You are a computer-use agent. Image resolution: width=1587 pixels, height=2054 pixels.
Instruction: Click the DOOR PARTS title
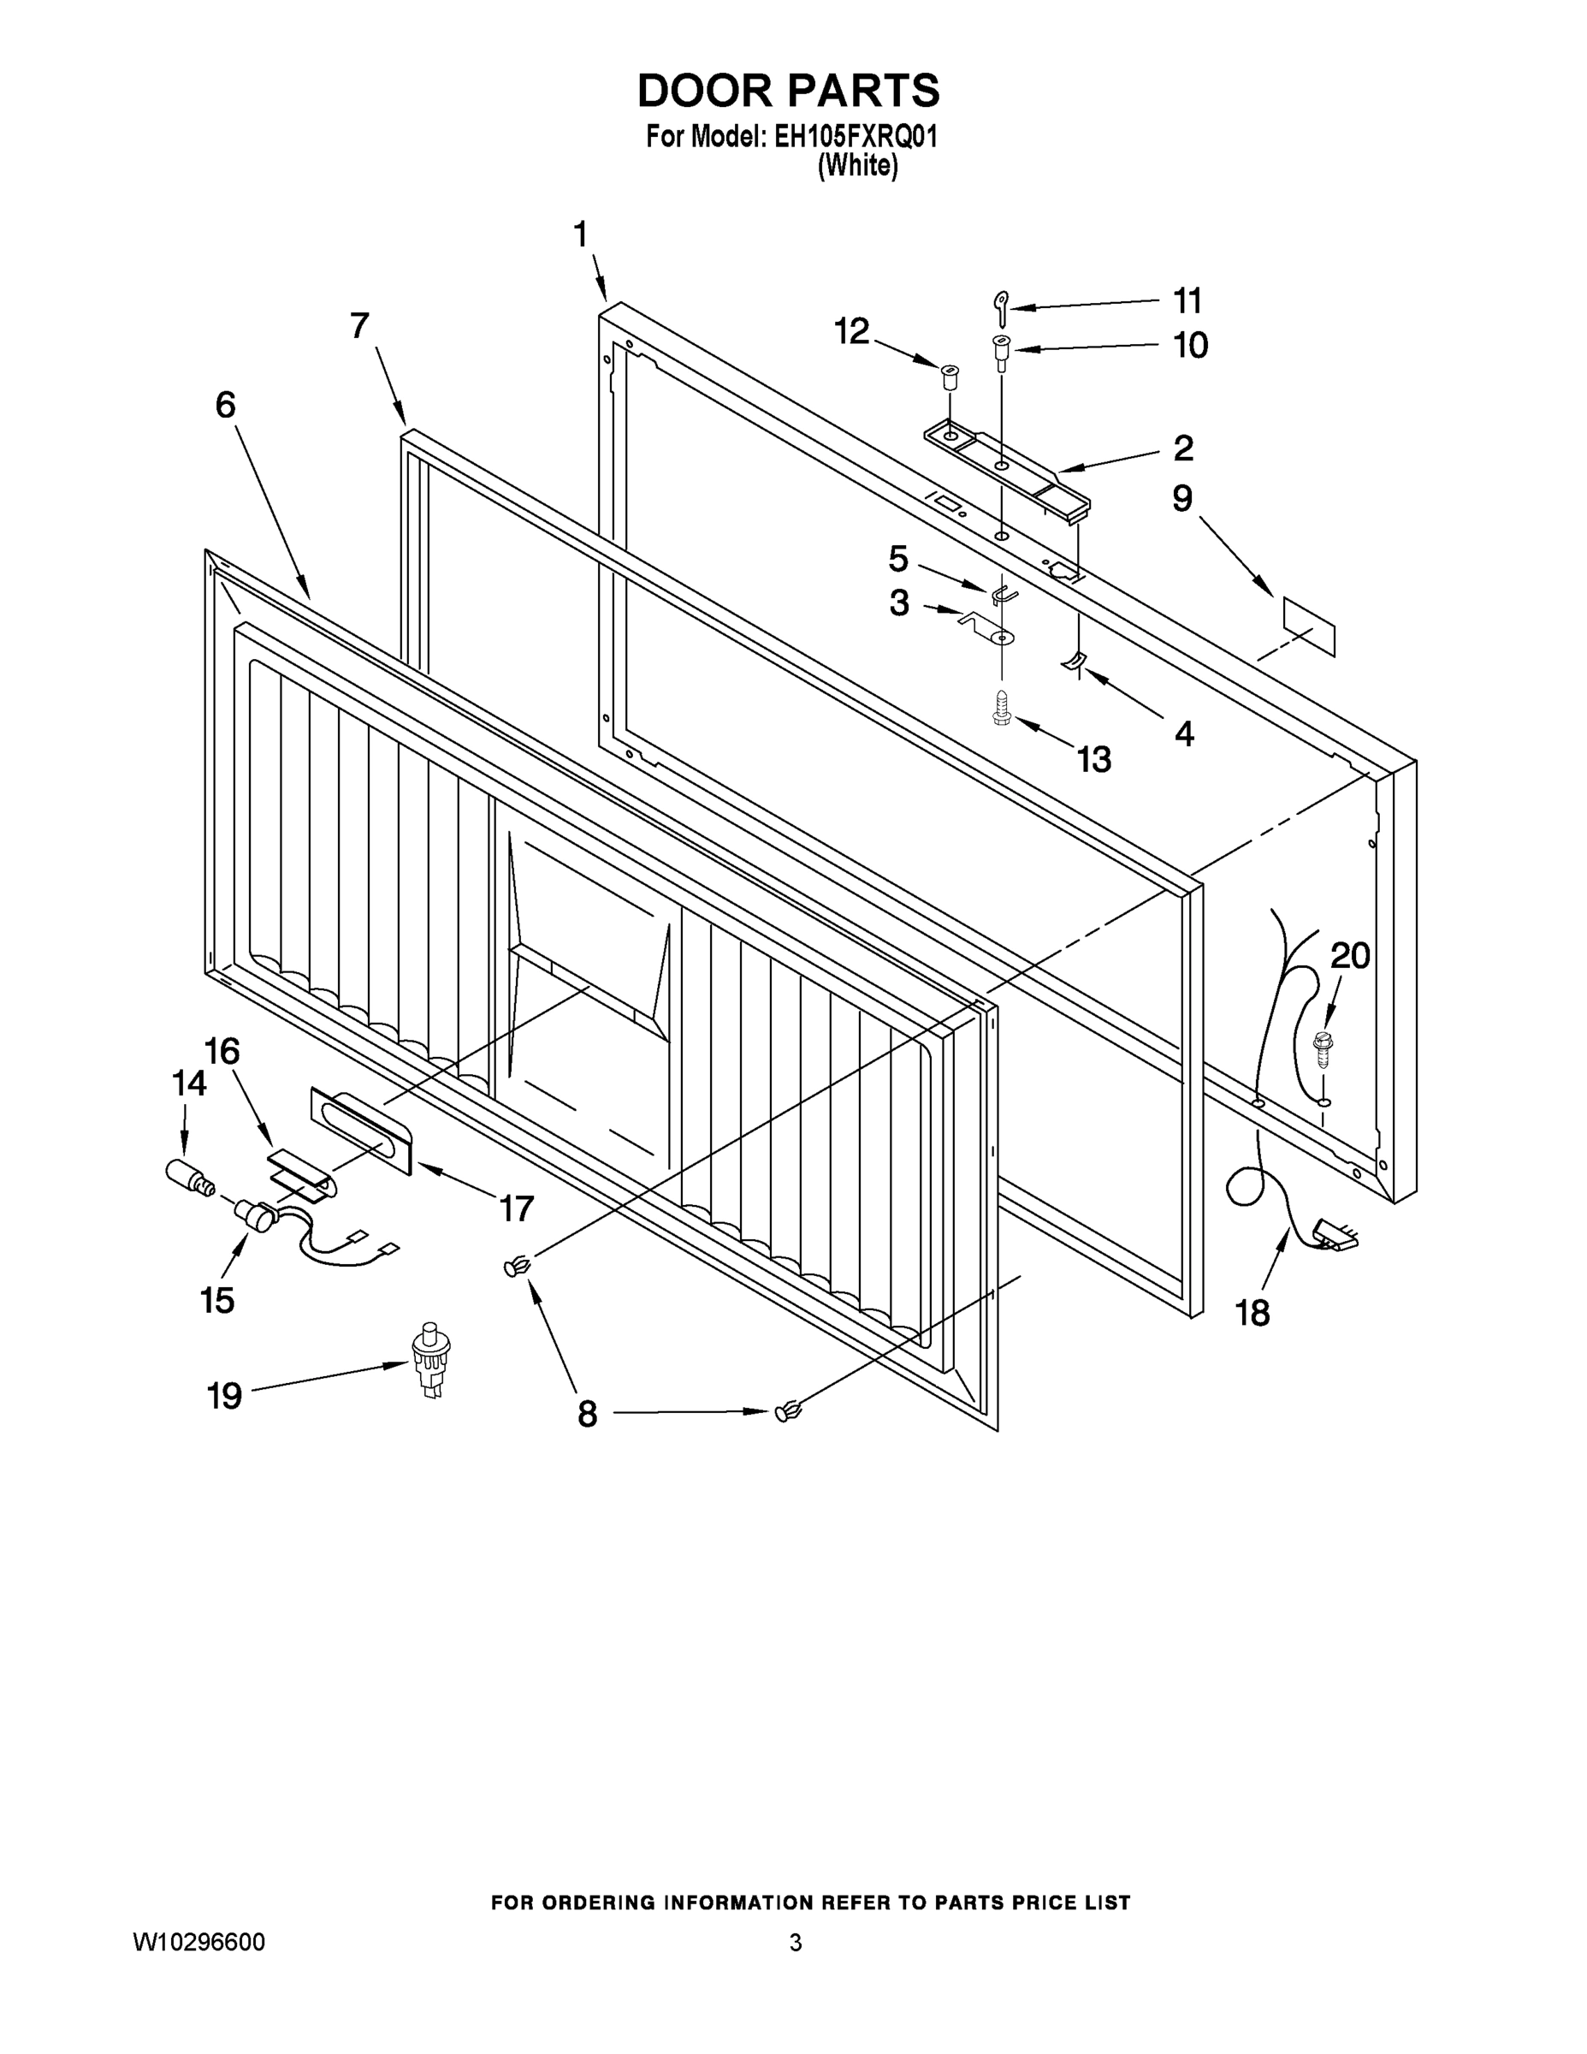788,92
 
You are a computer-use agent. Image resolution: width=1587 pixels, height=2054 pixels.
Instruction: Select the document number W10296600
198,1942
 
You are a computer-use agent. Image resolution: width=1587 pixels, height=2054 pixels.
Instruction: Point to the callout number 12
852,332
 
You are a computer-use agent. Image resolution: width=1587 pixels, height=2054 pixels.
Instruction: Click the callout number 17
516,1208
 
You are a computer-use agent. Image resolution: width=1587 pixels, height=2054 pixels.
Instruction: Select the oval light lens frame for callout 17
360,1131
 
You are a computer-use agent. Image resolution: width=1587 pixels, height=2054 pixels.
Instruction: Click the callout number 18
1252,1313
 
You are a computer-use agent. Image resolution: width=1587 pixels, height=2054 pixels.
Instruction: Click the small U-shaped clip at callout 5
1002,595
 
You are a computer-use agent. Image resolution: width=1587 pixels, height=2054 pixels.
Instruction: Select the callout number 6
226,406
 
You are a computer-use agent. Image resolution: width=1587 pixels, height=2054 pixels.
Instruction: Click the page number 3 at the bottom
796,1943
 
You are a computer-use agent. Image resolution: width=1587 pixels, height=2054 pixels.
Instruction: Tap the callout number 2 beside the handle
1182,448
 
